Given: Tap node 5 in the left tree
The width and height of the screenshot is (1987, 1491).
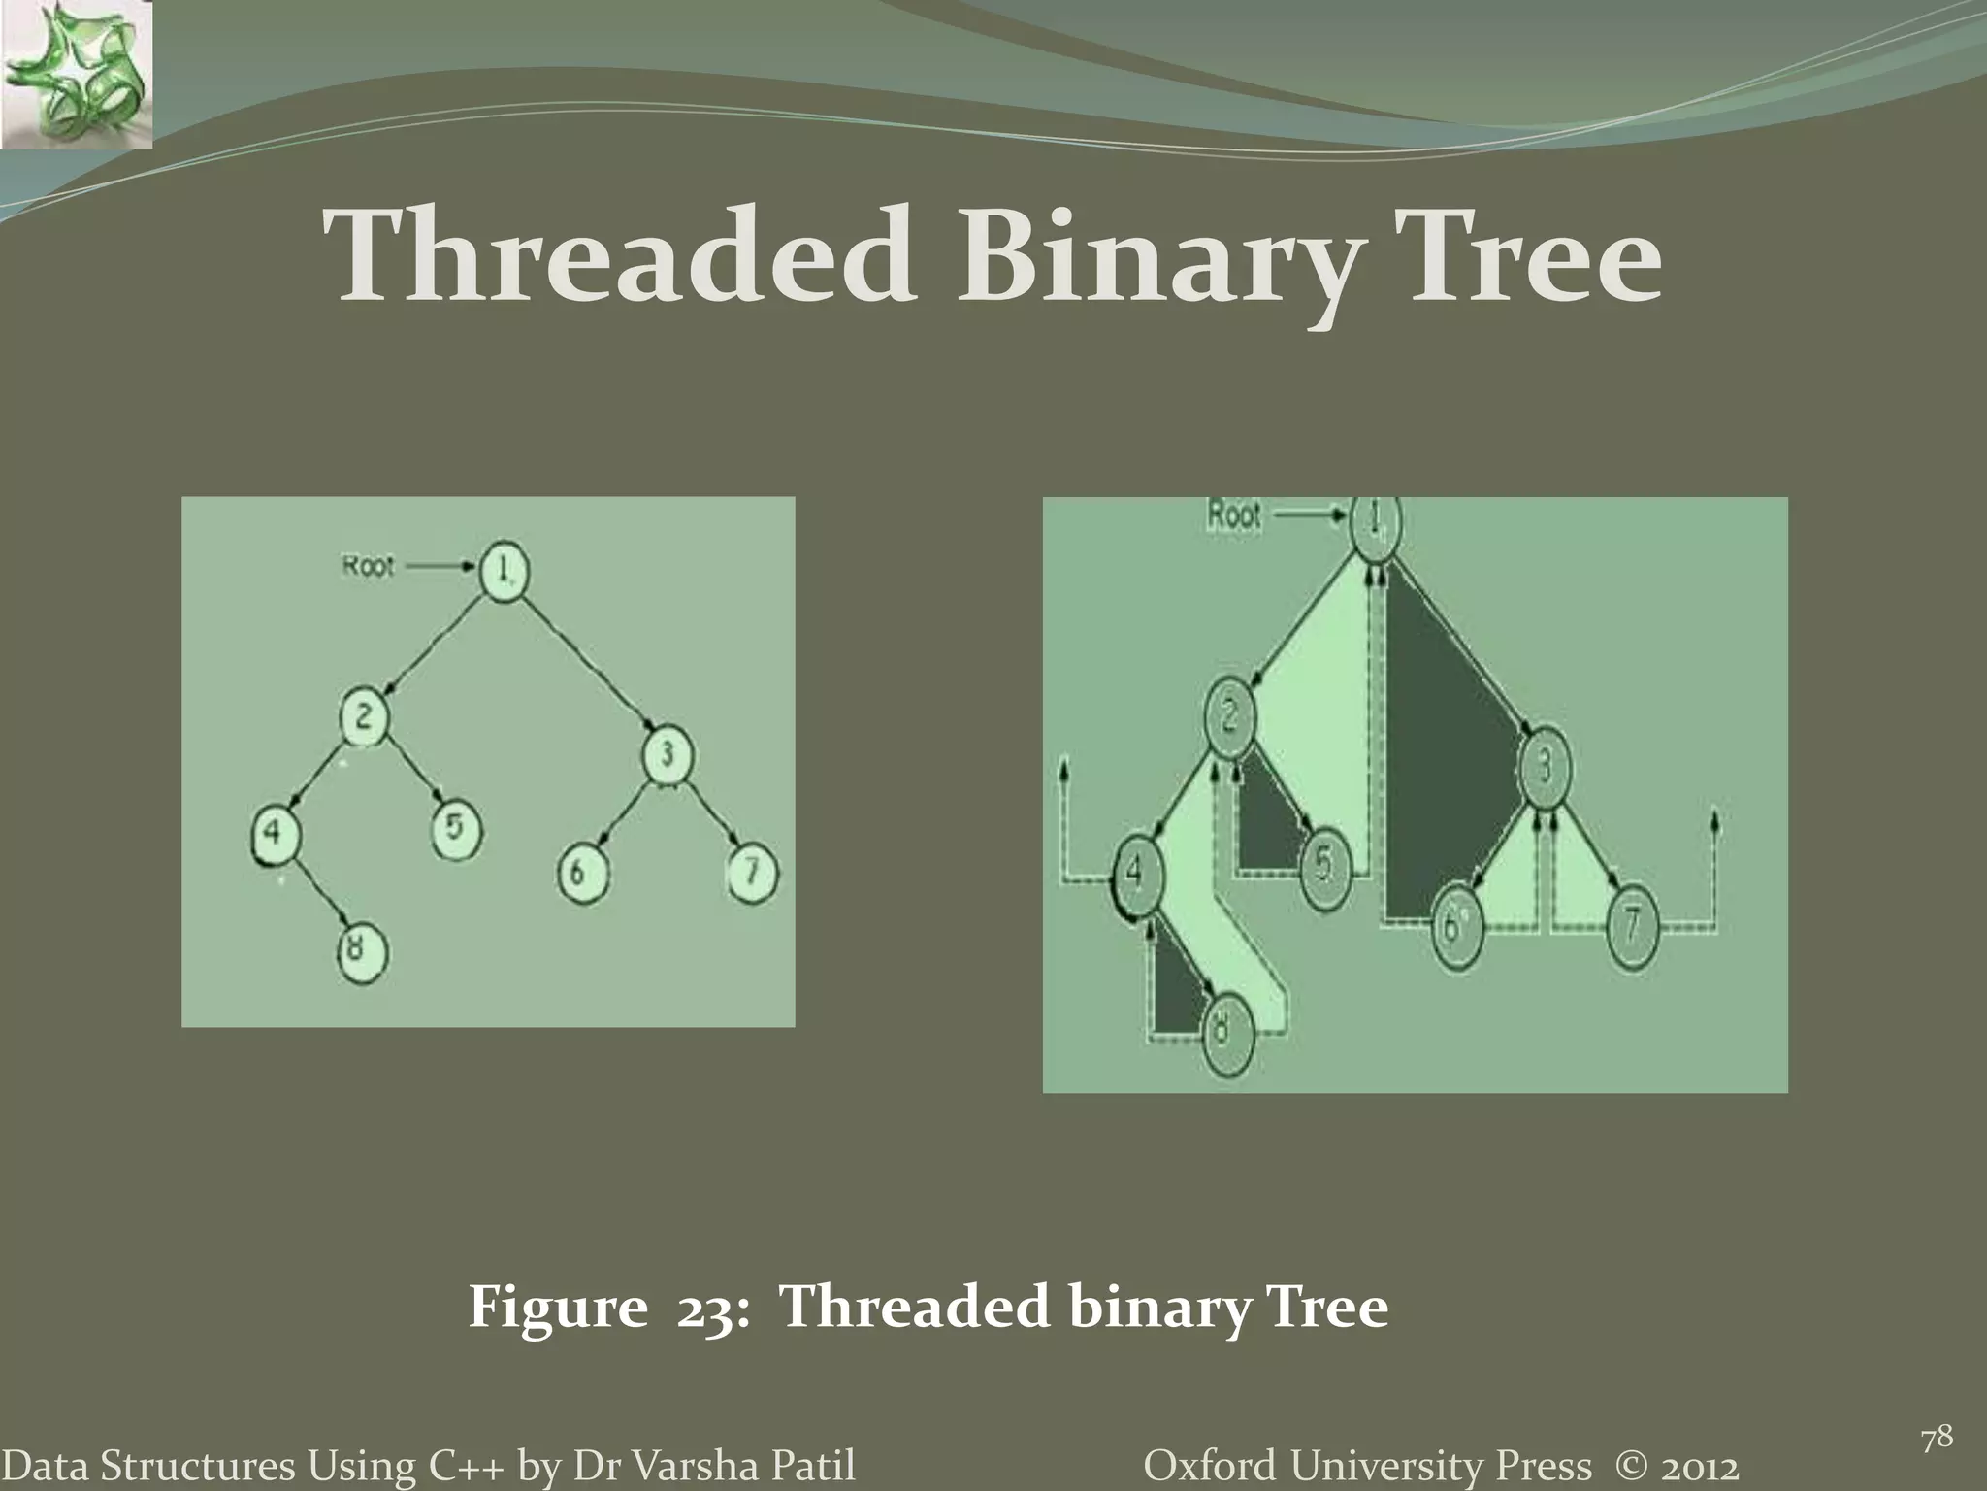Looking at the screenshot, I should (457, 832).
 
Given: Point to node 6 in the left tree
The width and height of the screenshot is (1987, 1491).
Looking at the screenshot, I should (582, 873).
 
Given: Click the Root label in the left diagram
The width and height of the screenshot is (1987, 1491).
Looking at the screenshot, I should (368, 566).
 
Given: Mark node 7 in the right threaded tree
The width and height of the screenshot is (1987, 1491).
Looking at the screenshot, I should (1632, 925).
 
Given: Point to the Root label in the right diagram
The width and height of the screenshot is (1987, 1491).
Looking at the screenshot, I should (1233, 515).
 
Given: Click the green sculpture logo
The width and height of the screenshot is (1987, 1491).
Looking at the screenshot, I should (77, 75).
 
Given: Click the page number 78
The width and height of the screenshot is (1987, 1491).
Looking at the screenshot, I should (1937, 1439).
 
